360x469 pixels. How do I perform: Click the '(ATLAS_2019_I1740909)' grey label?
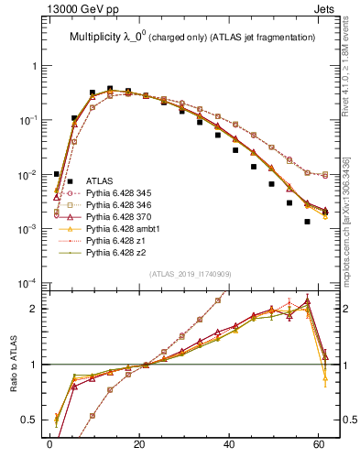click(191, 273)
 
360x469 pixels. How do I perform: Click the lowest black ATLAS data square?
click(307, 222)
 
